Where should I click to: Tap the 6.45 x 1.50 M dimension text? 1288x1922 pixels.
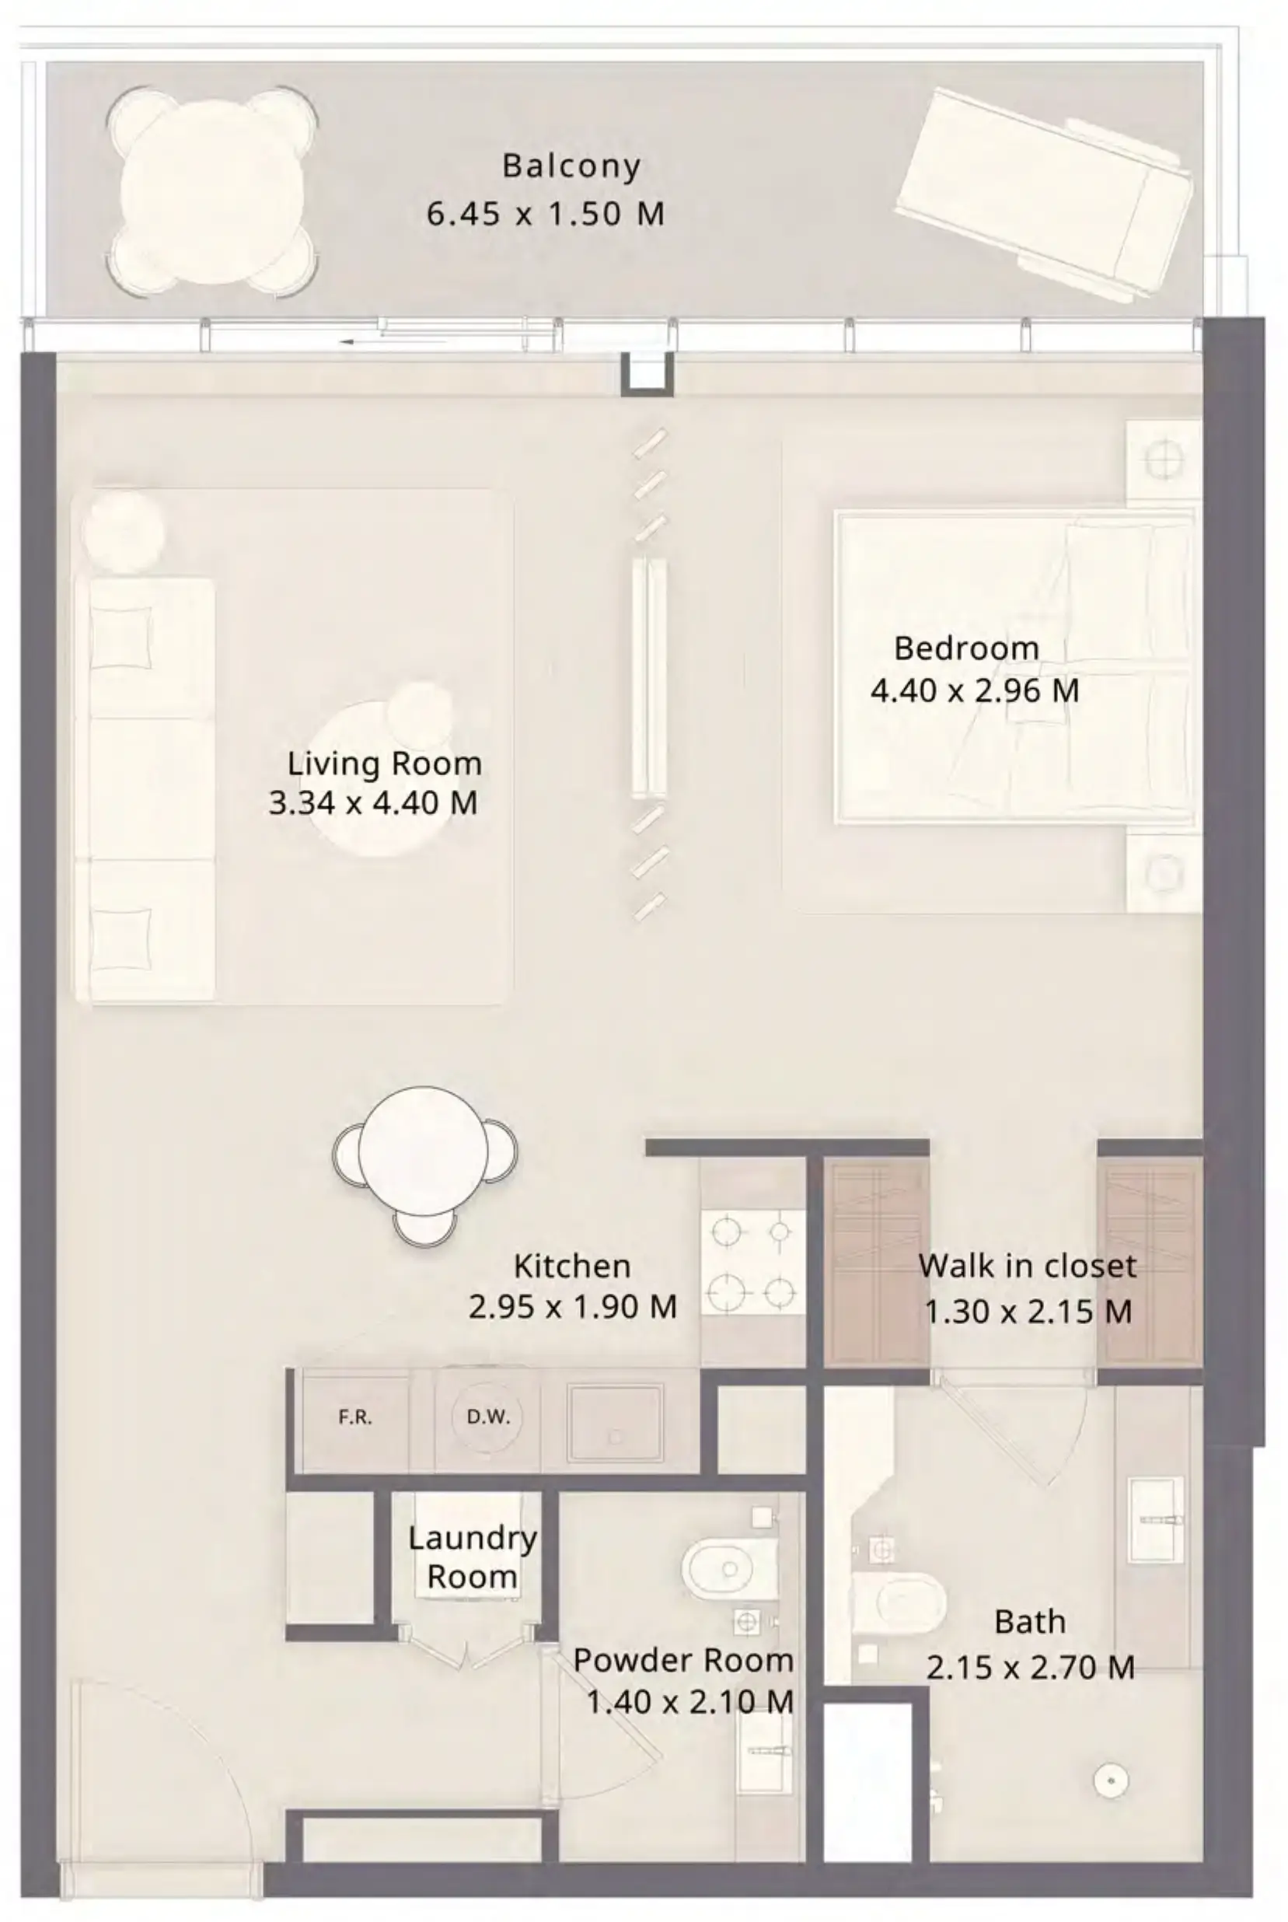click(546, 214)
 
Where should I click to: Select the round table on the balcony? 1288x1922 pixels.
click(212, 190)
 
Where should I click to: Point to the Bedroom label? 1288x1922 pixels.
click(967, 648)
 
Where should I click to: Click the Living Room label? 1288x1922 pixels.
click(385, 764)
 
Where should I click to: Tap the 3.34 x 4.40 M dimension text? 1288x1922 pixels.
click(373, 803)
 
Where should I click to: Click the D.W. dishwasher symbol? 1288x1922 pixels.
click(488, 1417)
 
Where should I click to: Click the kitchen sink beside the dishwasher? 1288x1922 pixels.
click(616, 1423)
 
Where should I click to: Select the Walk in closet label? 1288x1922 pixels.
click(1028, 1267)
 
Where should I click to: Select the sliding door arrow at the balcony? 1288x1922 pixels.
click(394, 342)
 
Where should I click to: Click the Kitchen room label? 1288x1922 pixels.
click(573, 1267)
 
